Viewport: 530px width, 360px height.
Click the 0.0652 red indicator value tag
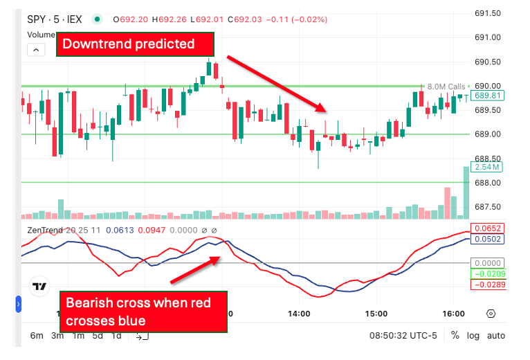[488, 228]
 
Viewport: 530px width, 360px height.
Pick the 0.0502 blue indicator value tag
[488, 239]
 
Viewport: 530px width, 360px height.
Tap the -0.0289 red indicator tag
[488, 285]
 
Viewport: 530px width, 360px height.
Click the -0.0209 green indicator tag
[488, 274]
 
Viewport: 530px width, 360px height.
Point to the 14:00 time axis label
[299, 314]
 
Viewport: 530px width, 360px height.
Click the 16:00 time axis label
[453, 314]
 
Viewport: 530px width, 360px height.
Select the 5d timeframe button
[98, 336]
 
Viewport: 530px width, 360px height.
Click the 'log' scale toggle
[473, 336]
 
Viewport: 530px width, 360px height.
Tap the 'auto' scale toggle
[495, 336]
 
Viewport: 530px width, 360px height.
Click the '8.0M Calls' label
[446, 86]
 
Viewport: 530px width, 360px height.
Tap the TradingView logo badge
[40, 287]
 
